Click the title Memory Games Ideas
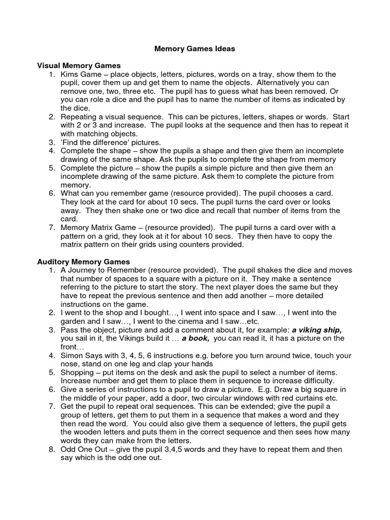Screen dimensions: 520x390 (194, 49)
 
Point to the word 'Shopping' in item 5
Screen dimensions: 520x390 (77, 372)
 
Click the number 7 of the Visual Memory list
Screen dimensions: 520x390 (52, 227)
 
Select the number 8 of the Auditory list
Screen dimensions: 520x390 (52, 450)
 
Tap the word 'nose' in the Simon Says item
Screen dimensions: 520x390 (70, 364)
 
